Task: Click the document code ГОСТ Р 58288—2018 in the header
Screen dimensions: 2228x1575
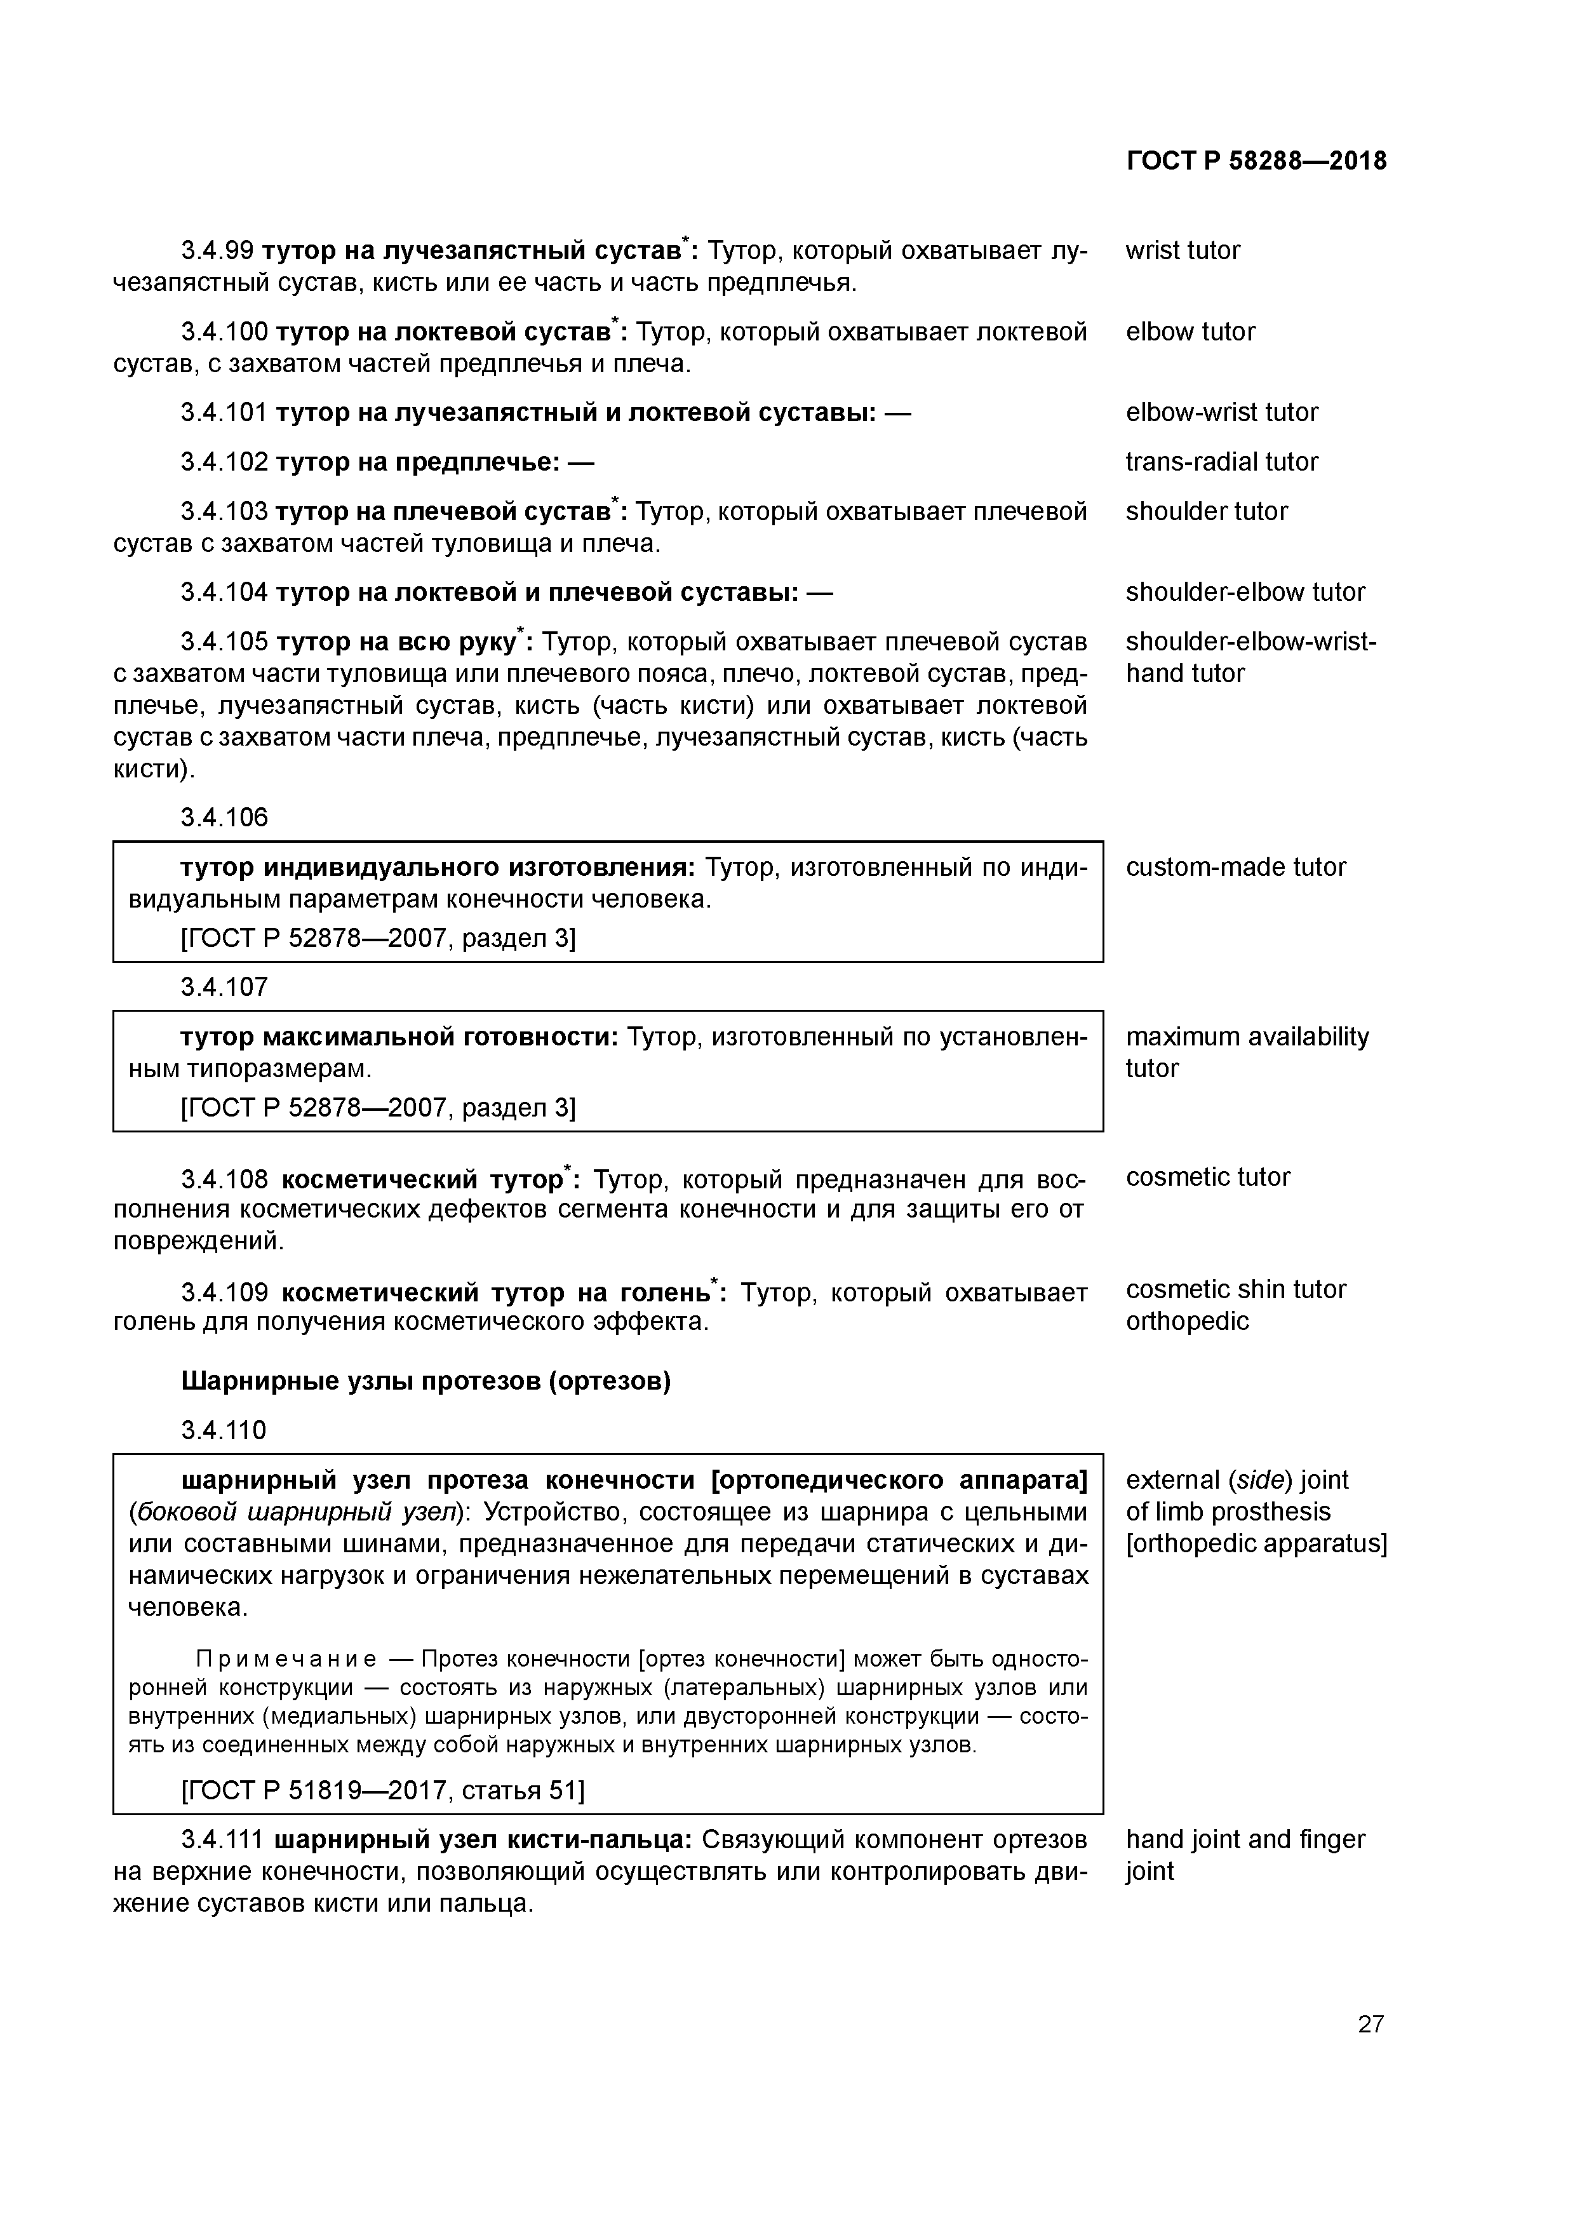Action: coord(1256,161)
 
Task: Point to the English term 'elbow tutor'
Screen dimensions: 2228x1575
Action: coord(1190,332)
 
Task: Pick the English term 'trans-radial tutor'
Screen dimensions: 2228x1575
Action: coord(1221,462)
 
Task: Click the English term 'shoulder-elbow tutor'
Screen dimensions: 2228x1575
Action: coord(1245,592)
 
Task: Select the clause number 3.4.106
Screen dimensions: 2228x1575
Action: coord(224,817)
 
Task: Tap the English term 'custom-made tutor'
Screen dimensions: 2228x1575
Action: coord(1235,866)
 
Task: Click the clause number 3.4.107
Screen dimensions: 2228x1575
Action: coord(224,987)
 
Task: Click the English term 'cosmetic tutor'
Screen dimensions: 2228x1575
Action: coord(1207,1177)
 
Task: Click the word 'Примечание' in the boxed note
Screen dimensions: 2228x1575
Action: coord(286,1658)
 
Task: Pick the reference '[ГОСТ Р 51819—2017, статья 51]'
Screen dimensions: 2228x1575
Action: coord(382,1789)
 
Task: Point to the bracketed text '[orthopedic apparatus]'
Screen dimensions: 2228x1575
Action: coord(1256,1543)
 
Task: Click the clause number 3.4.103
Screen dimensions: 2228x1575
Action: coord(224,511)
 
